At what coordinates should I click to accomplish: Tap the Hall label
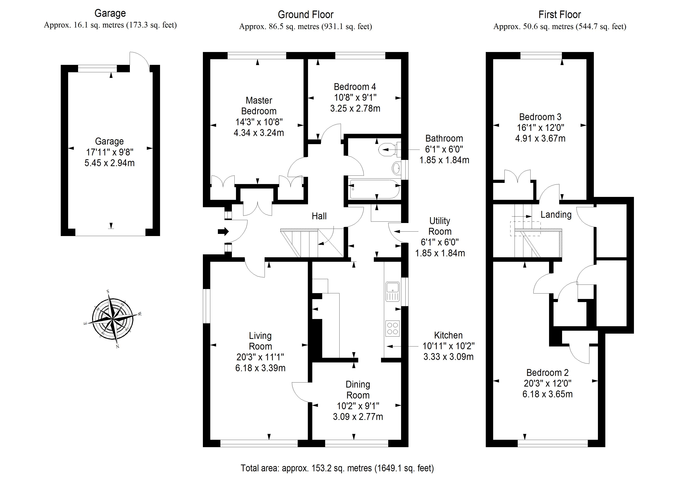point(319,216)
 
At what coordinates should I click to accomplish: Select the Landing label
point(556,215)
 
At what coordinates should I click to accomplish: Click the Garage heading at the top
point(110,13)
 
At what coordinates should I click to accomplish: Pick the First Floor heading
point(560,15)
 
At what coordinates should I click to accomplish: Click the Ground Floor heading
point(305,15)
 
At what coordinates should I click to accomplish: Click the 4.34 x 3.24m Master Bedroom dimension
point(259,133)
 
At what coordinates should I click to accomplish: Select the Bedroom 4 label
point(355,87)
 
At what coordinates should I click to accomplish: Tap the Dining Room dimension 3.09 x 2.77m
point(358,417)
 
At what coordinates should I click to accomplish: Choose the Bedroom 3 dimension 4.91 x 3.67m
point(540,138)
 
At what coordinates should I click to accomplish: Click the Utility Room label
point(440,226)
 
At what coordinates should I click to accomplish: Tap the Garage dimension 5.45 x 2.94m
point(109,163)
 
